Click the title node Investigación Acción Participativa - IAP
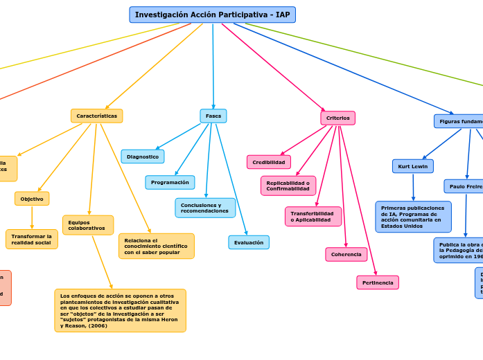(212, 15)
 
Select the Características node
(96, 116)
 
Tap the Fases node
(213, 116)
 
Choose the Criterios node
(337, 118)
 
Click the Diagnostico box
(143, 156)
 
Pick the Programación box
(170, 182)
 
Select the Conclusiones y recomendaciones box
(205, 208)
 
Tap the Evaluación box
(249, 242)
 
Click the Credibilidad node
(269, 162)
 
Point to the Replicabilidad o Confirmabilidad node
(288, 186)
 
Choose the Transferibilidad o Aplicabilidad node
(313, 217)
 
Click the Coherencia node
(346, 254)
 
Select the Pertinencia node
(378, 282)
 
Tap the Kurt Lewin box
(413, 166)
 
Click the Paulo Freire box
(464, 186)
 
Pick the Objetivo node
(32, 199)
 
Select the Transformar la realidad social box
(32, 239)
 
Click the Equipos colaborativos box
(88, 225)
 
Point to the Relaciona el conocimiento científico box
(156, 246)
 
